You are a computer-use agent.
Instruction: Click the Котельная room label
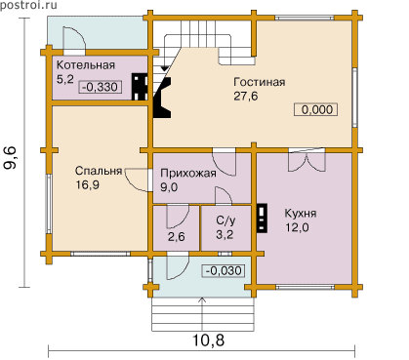pyautogui.click(x=86, y=65)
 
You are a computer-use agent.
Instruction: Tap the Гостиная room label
pyautogui.click(x=260, y=82)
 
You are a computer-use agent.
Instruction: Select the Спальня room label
pyautogui.click(x=99, y=171)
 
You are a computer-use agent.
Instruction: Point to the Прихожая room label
pyautogui.click(x=188, y=173)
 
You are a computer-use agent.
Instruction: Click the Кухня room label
pyautogui.click(x=301, y=214)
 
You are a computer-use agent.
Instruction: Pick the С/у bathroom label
pyautogui.click(x=225, y=220)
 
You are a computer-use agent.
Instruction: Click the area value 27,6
pyautogui.click(x=246, y=97)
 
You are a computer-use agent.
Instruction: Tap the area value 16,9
pyautogui.click(x=87, y=185)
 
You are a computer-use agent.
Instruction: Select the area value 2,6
pyautogui.click(x=177, y=237)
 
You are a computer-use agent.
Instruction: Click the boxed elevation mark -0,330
pyautogui.click(x=101, y=87)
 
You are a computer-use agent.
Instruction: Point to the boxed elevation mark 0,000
pyautogui.click(x=316, y=109)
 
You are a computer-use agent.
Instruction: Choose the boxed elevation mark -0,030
pyautogui.click(x=224, y=270)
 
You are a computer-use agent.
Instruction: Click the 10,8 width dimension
pyautogui.click(x=209, y=340)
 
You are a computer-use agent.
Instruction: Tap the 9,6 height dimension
pyautogui.click(x=10, y=158)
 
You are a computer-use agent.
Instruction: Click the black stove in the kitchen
pyautogui.click(x=262, y=218)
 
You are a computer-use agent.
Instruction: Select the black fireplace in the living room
pyautogui.click(x=162, y=98)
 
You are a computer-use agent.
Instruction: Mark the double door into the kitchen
pyautogui.click(x=307, y=160)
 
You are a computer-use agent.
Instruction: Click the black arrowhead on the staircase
pyautogui.click(x=165, y=68)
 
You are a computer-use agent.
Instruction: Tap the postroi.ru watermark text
pyautogui.click(x=28, y=5)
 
